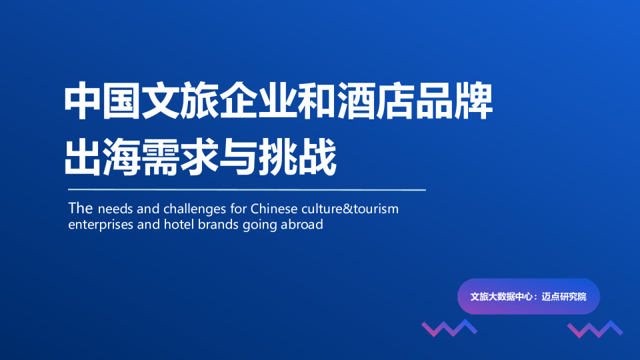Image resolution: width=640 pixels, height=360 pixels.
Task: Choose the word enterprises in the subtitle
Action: (x=99, y=225)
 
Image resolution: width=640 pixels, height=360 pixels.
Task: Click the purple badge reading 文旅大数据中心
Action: (x=528, y=296)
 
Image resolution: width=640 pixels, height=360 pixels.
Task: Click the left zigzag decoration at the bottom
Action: (x=449, y=328)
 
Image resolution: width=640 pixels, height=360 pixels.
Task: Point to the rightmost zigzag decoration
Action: (x=594, y=328)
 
